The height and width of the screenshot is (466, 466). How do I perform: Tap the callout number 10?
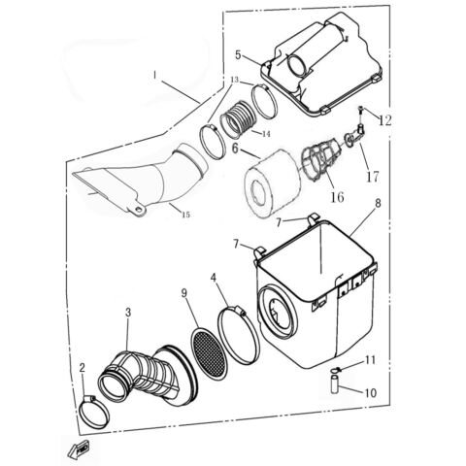372,392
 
